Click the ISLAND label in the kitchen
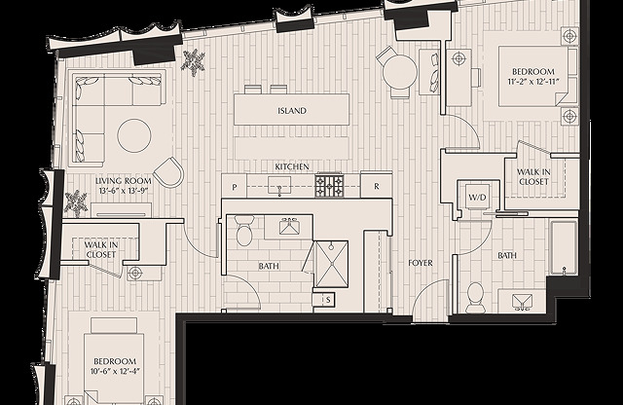(x=292, y=110)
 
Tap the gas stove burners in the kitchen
(x=329, y=185)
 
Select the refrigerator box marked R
(x=377, y=185)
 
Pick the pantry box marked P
(x=235, y=186)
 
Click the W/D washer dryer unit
(x=477, y=196)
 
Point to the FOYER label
(x=421, y=263)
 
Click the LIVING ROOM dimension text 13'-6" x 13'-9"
(x=124, y=191)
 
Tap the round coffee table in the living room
(x=134, y=135)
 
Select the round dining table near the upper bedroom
(x=399, y=73)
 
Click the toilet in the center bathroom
(x=244, y=231)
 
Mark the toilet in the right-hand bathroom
(x=475, y=297)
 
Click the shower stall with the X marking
(x=331, y=264)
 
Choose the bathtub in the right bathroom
(x=564, y=247)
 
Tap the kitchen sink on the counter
(x=279, y=185)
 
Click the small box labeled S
(x=328, y=300)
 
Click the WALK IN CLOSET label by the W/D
(x=533, y=177)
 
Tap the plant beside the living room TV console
(x=76, y=202)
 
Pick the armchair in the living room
(x=168, y=171)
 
